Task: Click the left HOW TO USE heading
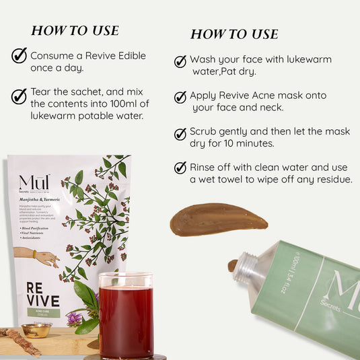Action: (x=75, y=31)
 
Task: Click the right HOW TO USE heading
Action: (x=233, y=34)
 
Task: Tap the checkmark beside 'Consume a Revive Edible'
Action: (x=19, y=56)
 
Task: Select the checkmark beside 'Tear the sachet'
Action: (x=19, y=96)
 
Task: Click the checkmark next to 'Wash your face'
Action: (x=180, y=61)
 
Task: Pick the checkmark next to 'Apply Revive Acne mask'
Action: (x=180, y=97)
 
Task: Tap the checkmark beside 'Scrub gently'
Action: (x=180, y=133)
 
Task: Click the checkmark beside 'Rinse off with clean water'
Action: (x=180, y=168)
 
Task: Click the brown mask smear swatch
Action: (x=209, y=219)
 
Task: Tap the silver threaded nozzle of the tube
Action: (x=248, y=268)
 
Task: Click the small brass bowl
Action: (x=36, y=329)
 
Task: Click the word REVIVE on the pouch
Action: (x=43, y=294)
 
